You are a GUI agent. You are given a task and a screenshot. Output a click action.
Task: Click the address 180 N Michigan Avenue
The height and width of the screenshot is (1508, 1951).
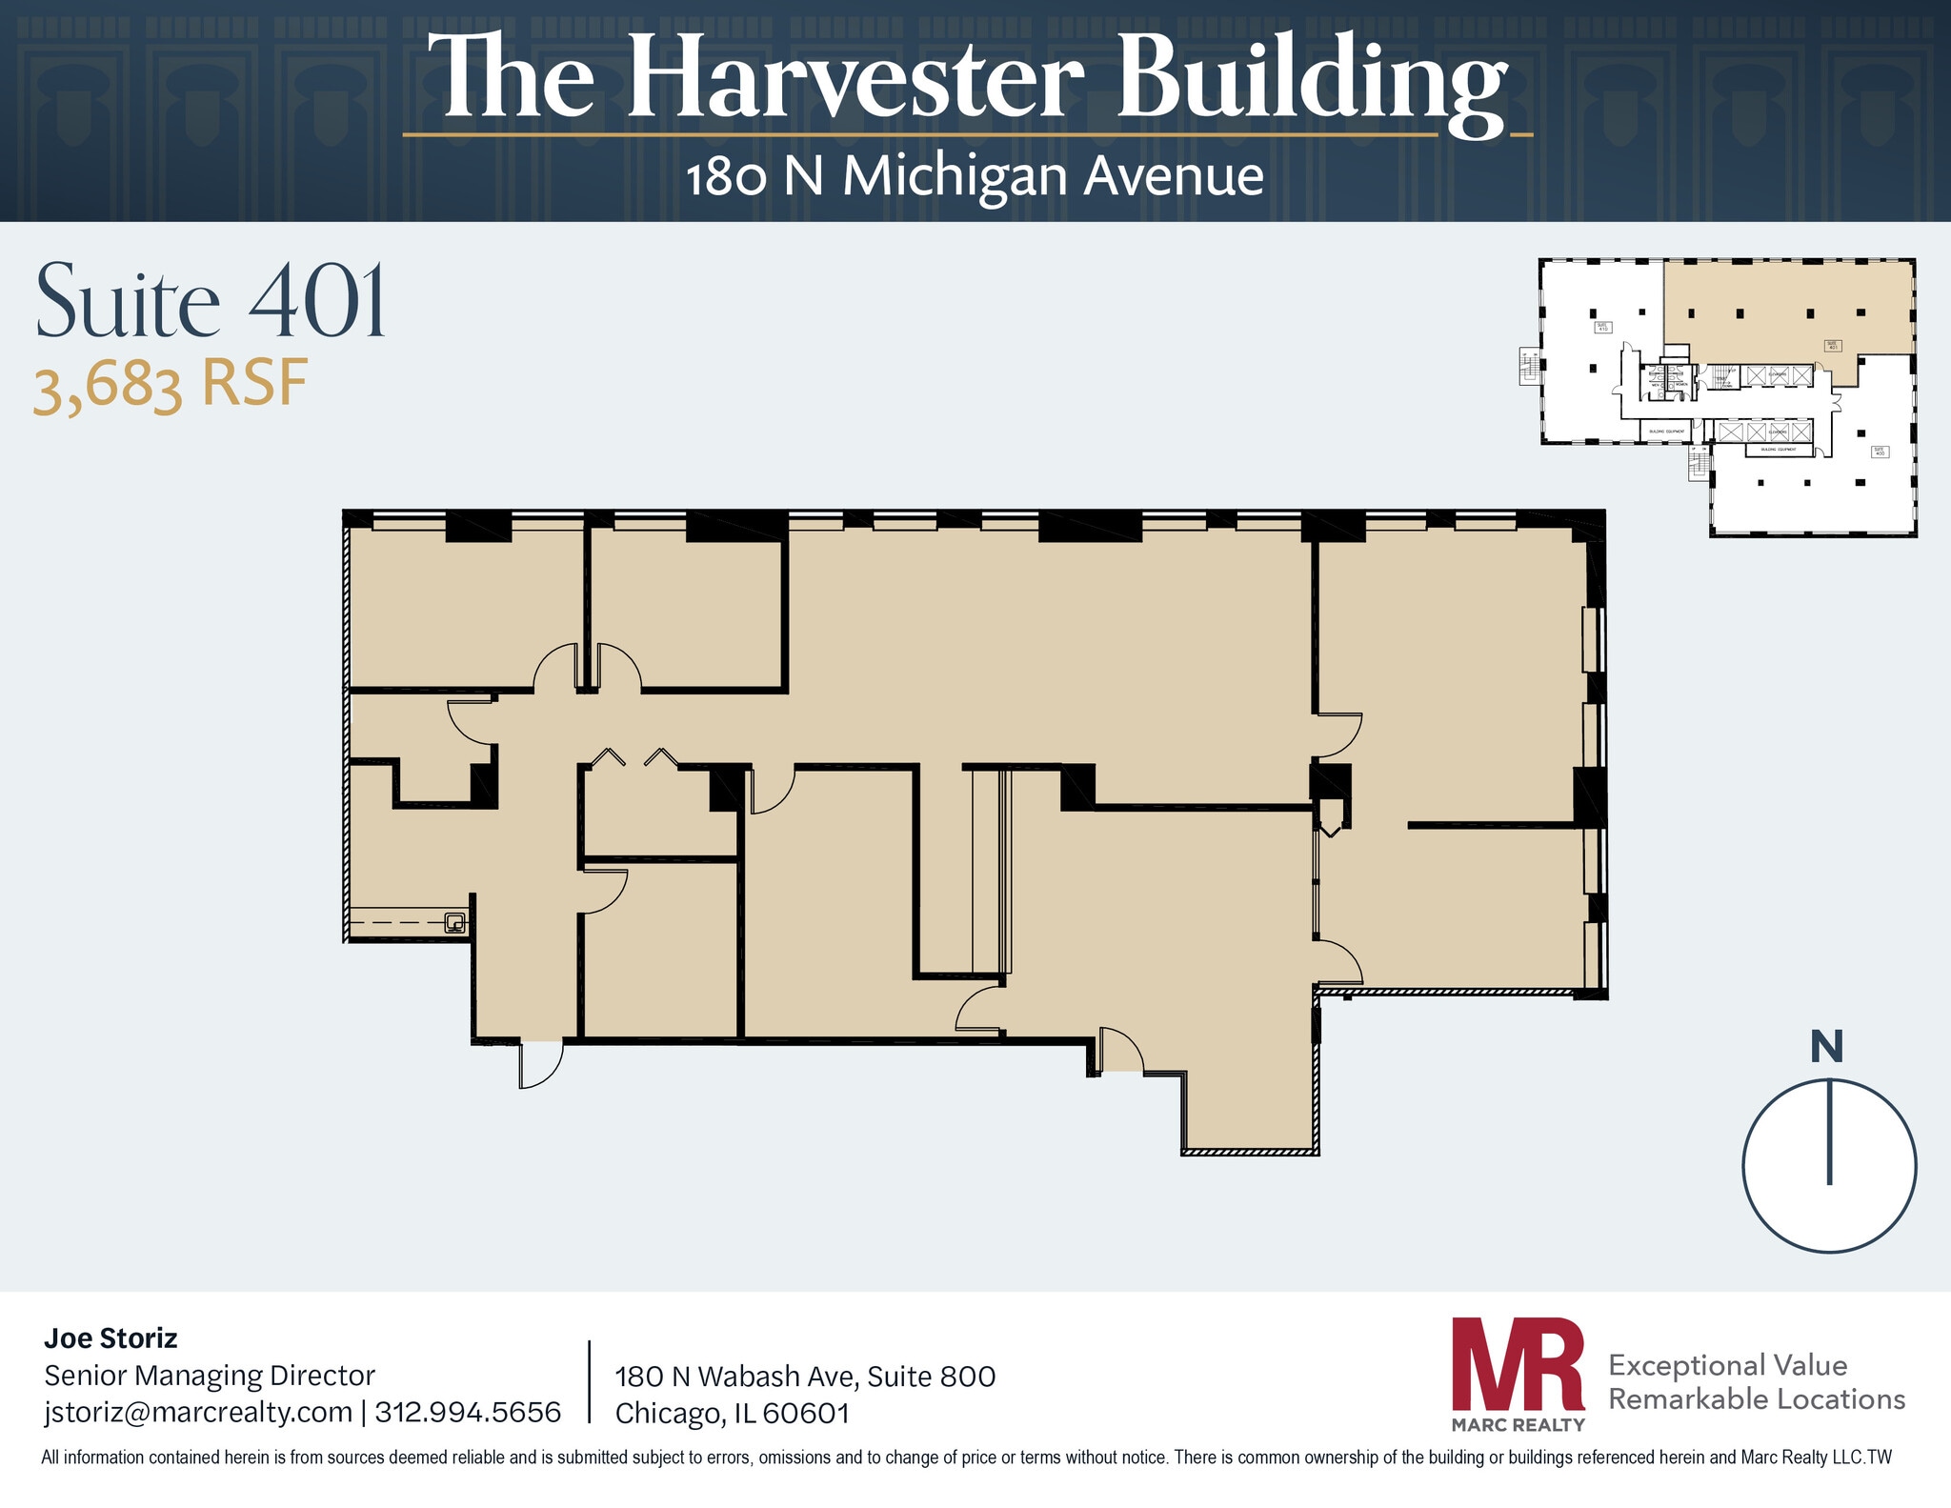(x=975, y=177)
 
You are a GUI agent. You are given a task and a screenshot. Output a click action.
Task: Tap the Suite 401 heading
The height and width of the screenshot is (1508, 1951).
(x=211, y=302)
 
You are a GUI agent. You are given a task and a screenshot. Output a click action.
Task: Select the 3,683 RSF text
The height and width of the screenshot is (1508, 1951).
(x=171, y=386)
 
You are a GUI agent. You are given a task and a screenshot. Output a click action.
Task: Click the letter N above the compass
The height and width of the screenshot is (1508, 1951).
(x=1826, y=1047)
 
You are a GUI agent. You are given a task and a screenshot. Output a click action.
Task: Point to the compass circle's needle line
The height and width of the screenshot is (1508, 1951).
(x=1829, y=1134)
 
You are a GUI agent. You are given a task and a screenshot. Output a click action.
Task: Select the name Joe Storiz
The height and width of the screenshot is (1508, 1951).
(x=111, y=1338)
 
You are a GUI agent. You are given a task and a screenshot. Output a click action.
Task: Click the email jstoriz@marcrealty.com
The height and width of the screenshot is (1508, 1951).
(x=198, y=1412)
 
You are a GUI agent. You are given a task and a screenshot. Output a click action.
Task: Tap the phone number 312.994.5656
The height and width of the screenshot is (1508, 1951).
(x=468, y=1412)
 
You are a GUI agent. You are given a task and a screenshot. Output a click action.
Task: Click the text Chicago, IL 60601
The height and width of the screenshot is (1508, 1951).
(x=732, y=1413)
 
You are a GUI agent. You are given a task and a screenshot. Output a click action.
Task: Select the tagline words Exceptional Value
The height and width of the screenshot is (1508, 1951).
(x=1727, y=1366)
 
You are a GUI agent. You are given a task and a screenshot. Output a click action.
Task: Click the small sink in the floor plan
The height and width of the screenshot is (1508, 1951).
(x=455, y=922)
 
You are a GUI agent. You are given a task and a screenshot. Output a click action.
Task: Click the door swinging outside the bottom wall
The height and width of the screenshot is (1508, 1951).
(x=539, y=1065)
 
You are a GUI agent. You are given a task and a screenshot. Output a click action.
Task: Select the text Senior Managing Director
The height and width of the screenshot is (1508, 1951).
(x=210, y=1376)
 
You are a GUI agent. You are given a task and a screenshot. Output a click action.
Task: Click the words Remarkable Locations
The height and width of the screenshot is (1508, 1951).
(x=1756, y=1399)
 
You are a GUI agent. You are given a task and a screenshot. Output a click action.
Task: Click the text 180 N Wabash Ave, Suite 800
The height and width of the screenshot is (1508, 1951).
(x=805, y=1377)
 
